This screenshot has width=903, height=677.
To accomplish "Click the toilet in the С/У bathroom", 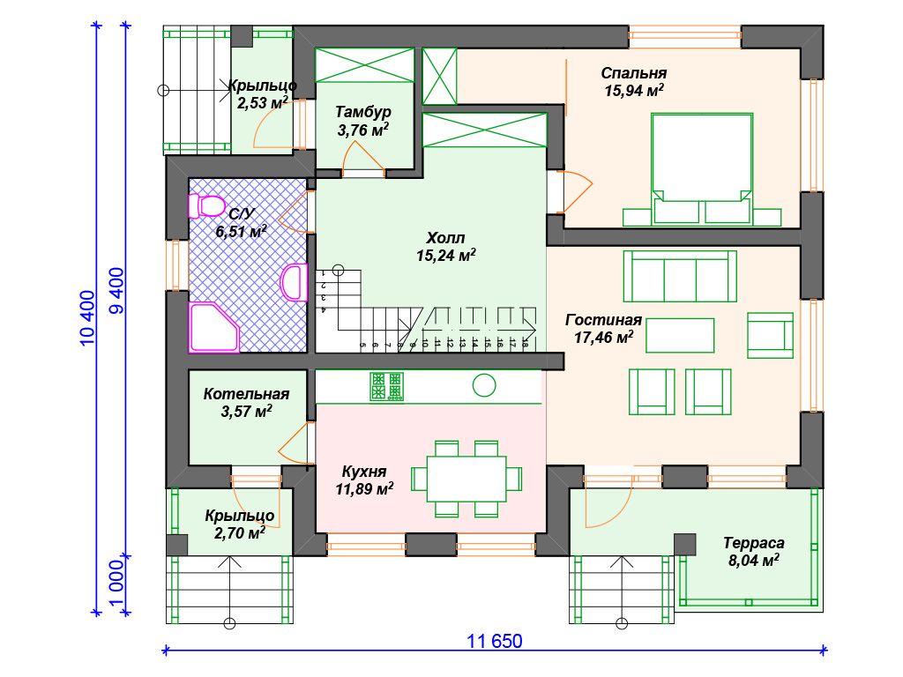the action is pyautogui.click(x=206, y=205).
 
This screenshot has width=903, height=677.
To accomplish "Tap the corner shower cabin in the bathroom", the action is pyautogui.click(x=213, y=326).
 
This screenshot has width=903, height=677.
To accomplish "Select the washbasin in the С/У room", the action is pyautogui.click(x=295, y=282).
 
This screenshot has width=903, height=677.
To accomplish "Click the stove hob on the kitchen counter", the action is pyautogui.click(x=386, y=386).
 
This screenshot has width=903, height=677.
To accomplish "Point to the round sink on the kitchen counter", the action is pyautogui.click(x=484, y=386).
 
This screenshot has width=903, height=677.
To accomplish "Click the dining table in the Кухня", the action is pyautogui.click(x=466, y=479).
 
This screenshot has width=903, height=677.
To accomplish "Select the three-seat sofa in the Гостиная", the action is pyautogui.click(x=680, y=276).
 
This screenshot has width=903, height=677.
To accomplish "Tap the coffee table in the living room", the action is pyautogui.click(x=680, y=335).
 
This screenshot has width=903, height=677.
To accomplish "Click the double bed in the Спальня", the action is pyautogui.click(x=702, y=168).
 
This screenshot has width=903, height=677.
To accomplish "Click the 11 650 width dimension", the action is pyautogui.click(x=494, y=642).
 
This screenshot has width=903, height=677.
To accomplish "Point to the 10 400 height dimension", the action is pyautogui.click(x=87, y=317).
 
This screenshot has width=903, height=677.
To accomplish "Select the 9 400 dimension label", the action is pyautogui.click(x=116, y=291).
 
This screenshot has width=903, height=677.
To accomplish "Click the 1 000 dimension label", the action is pyautogui.click(x=116, y=585).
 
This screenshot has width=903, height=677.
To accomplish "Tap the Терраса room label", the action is pyautogui.click(x=754, y=543).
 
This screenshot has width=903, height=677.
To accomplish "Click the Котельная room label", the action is pyautogui.click(x=246, y=394).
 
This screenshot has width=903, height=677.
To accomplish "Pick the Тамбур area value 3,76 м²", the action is pyautogui.click(x=362, y=130).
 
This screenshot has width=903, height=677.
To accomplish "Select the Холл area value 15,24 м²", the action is pyautogui.click(x=445, y=255).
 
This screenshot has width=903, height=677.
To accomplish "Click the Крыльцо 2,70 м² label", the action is pyautogui.click(x=240, y=524).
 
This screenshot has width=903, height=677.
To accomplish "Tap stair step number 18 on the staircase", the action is pyautogui.click(x=525, y=344).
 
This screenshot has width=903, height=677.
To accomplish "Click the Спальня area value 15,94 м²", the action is pyautogui.click(x=633, y=91).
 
